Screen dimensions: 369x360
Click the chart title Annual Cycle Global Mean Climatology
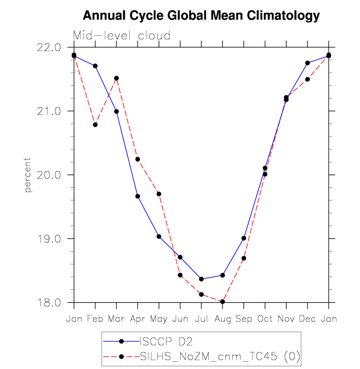[201, 16]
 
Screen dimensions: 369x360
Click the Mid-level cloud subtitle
[122, 36]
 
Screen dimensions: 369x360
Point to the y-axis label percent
[28, 175]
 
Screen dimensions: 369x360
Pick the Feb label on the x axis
[95, 319]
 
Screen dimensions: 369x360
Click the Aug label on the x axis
[222, 319]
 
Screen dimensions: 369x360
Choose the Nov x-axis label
[286, 319]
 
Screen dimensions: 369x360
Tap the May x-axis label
[159, 319]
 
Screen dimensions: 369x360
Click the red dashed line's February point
[95, 125]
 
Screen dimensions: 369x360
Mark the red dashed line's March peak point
[116, 78]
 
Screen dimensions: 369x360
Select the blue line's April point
[138, 196]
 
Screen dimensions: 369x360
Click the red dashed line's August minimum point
[222, 302]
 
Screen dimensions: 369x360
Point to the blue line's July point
[201, 279]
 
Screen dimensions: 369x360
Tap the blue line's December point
[307, 63]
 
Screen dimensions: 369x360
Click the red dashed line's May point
[159, 194]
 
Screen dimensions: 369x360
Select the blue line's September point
[244, 238]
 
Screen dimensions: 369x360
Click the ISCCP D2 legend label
[163, 340]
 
